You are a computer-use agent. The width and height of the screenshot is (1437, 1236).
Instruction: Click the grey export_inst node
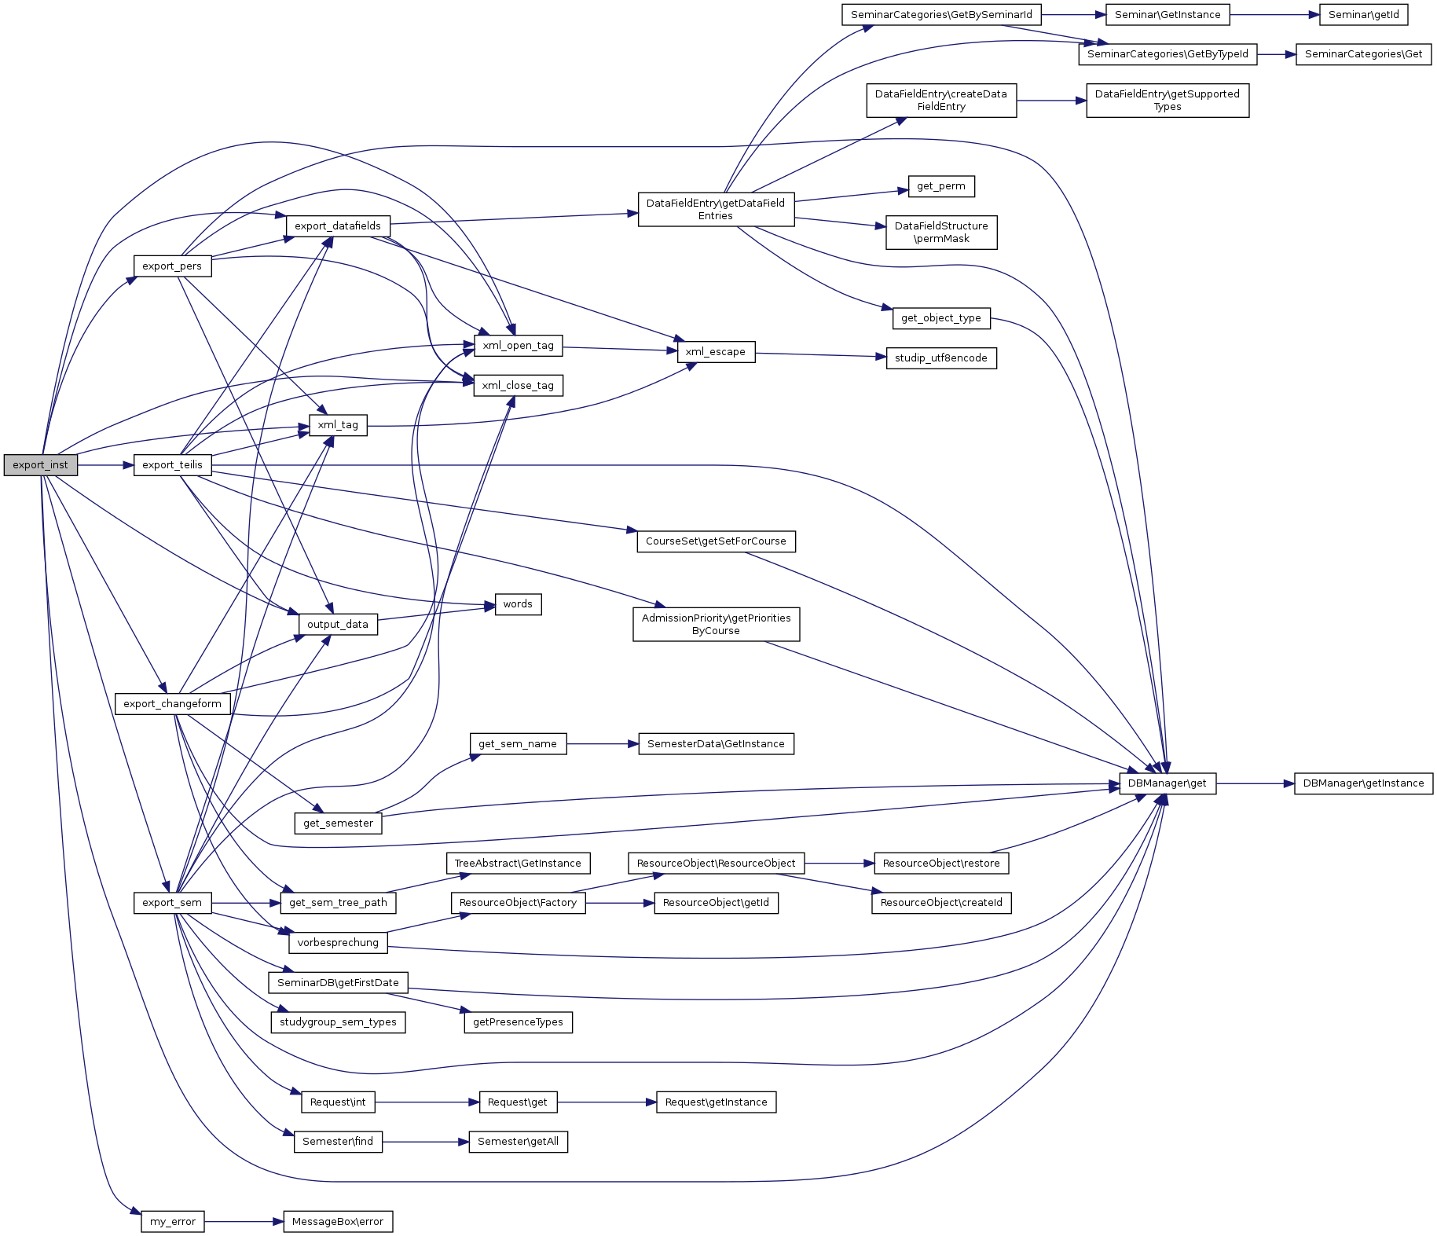coord(40,464)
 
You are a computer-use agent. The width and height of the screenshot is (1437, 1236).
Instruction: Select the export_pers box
coord(172,266)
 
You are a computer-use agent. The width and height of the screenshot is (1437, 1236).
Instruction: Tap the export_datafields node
coord(337,226)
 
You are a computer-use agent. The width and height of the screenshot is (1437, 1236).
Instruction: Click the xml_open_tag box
coord(518,345)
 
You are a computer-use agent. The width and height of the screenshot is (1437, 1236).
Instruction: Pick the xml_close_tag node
coord(518,385)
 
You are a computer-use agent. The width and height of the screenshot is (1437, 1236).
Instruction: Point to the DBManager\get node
coord(1167,783)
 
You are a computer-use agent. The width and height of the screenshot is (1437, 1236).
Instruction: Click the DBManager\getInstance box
coord(1363,783)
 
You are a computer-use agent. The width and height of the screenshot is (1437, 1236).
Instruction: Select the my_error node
coord(173,1222)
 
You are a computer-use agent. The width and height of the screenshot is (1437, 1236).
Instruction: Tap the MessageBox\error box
coord(338,1222)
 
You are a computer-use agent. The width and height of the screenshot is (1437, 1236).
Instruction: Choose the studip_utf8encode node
coord(940,358)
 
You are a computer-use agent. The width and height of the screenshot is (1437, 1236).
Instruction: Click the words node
coord(518,603)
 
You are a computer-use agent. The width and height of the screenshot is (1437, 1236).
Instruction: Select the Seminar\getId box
coord(1363,14)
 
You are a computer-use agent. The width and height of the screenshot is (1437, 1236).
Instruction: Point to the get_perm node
coord(940,186)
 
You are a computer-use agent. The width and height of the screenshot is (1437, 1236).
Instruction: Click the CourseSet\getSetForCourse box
coord(716,541)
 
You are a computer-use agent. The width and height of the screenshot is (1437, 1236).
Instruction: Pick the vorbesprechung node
coord(338,942)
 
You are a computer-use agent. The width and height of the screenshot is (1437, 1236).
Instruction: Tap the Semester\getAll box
coord(518,1141)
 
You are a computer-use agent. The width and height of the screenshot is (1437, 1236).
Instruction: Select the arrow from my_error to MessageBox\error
coord(244,1222)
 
